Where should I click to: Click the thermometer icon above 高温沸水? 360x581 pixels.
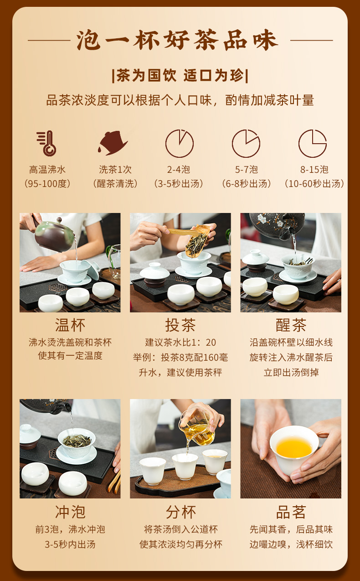point(46,143)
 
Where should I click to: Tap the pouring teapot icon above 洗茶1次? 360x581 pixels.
point(113,143)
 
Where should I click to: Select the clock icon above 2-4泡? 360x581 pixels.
point(180,144)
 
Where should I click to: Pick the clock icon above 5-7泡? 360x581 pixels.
point(246,144)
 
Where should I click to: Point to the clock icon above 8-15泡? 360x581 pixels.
point(313,144)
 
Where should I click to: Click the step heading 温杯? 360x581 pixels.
point(70,325)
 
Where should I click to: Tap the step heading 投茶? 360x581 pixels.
point(180,325)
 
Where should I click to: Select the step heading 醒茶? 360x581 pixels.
point(291,325)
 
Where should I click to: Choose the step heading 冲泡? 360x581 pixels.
point(70,512)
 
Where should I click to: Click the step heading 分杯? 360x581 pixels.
point(180,512)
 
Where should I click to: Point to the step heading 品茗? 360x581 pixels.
point(291,512)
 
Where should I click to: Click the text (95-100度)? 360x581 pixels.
point(47,184)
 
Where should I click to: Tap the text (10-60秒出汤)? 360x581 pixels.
point(314,184)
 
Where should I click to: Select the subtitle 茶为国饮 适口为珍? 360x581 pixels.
point(180,76)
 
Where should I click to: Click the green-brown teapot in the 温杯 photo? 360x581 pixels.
point(53,234)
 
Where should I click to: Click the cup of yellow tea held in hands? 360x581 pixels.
point(294,449)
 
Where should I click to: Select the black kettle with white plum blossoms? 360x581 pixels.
point(278,225)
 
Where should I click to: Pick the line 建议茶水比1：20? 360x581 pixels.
point(180,342)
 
